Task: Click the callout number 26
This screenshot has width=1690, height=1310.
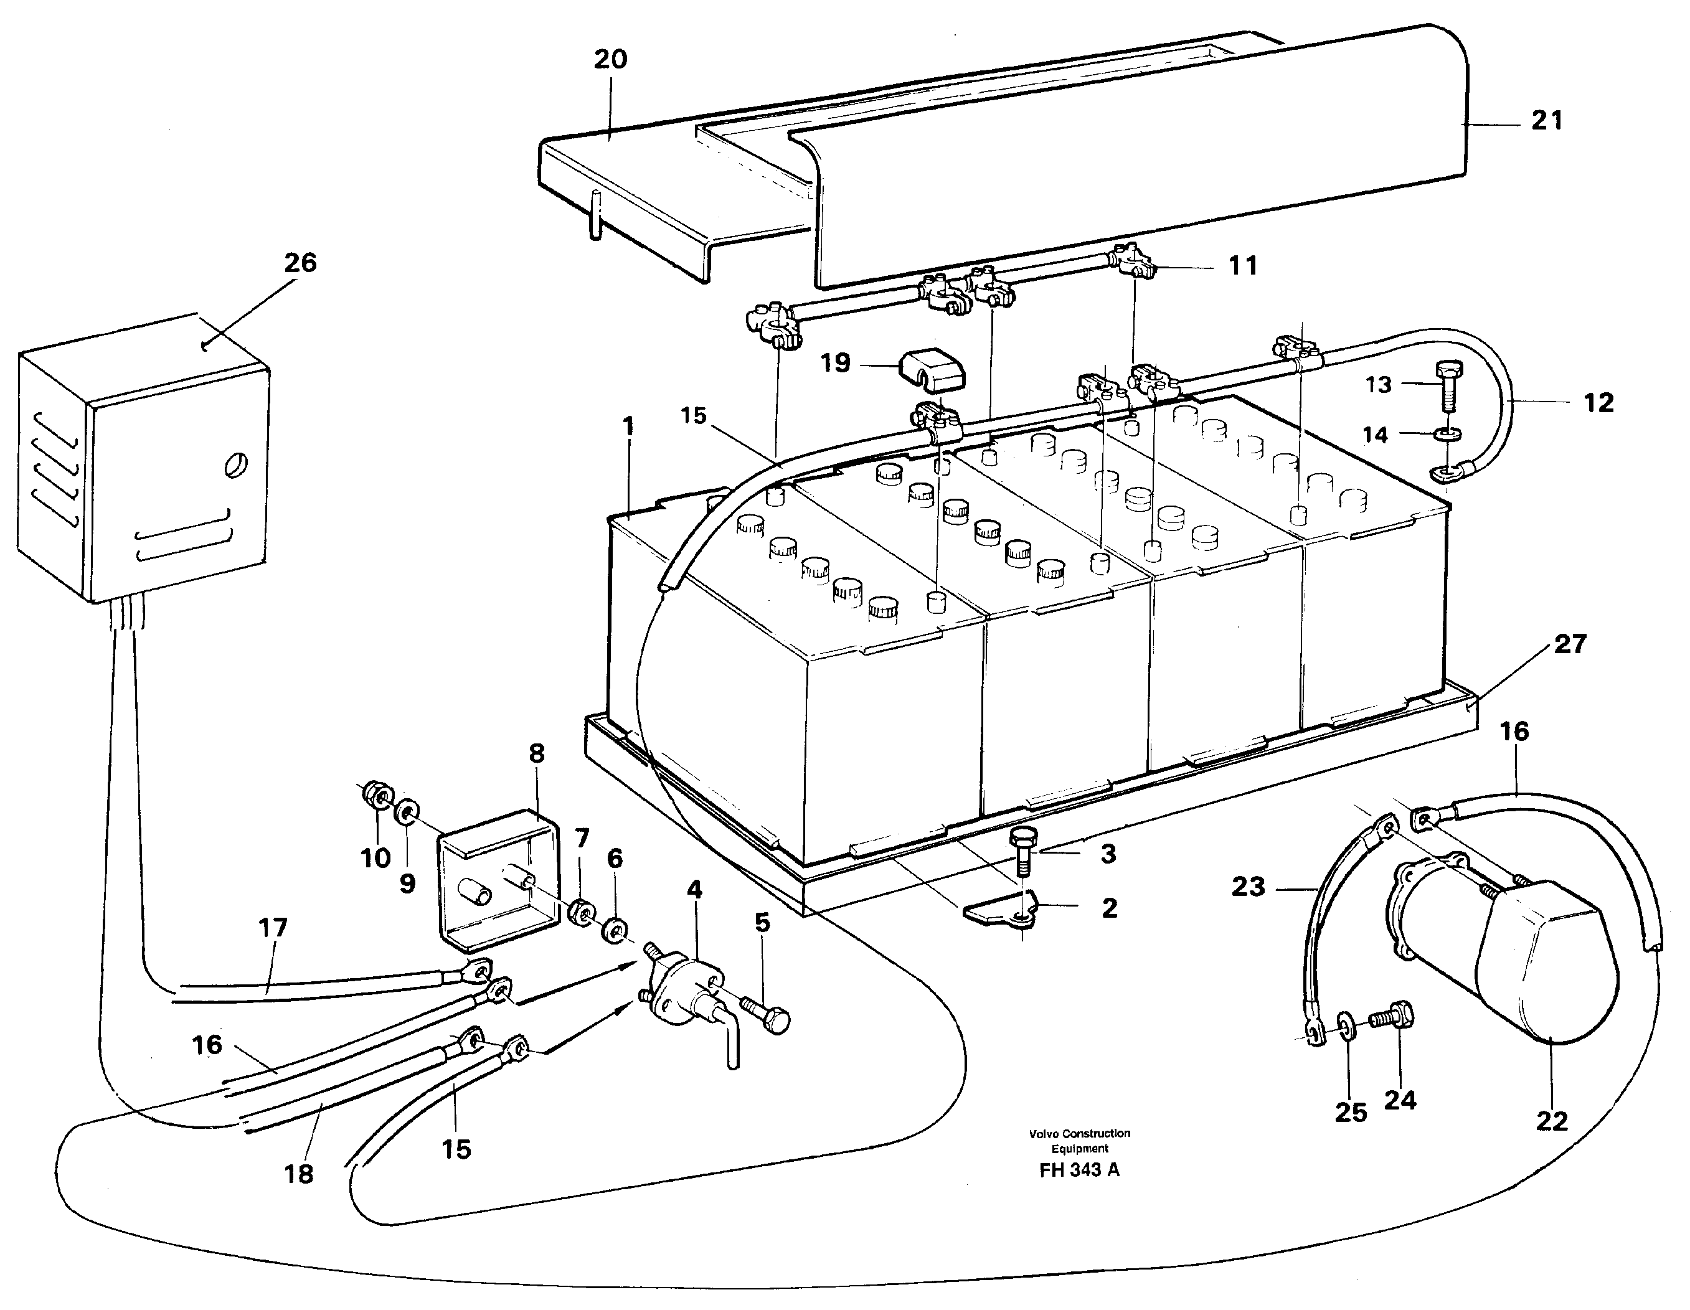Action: coord(300,263)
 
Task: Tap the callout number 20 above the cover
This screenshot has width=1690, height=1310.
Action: coord(610,60)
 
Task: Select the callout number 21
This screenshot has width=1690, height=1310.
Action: coord(1547,121)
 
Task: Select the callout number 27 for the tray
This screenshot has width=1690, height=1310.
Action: coord(1570,644)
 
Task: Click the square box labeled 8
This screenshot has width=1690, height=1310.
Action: coord(499,879)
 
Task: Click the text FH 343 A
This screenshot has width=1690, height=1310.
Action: coord(1079,1170)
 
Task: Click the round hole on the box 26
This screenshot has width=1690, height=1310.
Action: coord(235,465)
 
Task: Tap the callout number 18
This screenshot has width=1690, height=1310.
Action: coord(299,1175)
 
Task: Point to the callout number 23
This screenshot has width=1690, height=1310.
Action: coord(1248,887)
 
